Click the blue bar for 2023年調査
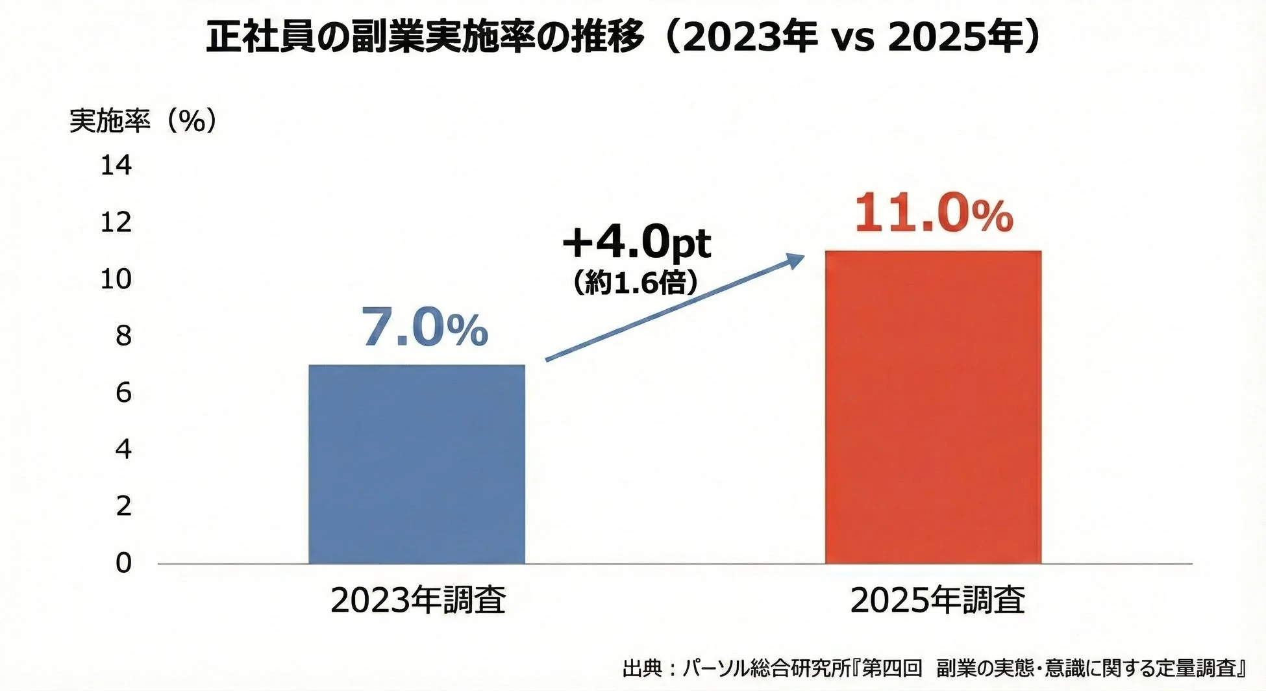tap(416, 464)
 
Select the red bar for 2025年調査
tap(933, 407)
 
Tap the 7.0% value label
tap(424, 329)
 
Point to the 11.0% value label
tap(933, 214)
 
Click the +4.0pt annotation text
tap(636, 243)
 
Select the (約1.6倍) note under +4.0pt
tap(635, 283)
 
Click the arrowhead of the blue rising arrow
tap(796, 260)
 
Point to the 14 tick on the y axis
tap(116, 166)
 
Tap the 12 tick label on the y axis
tap(116, 223)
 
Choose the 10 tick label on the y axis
tap(116, 279)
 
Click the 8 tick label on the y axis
tap(123, 336)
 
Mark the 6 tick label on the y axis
tap(123, 392)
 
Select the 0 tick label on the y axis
tap(123, 562)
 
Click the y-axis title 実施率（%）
tap(143, 121)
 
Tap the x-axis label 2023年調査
tap(417, 600)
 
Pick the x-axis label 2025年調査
tap(937, 600)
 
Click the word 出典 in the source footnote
tap(641, 668)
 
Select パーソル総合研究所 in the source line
tap(769, 668)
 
